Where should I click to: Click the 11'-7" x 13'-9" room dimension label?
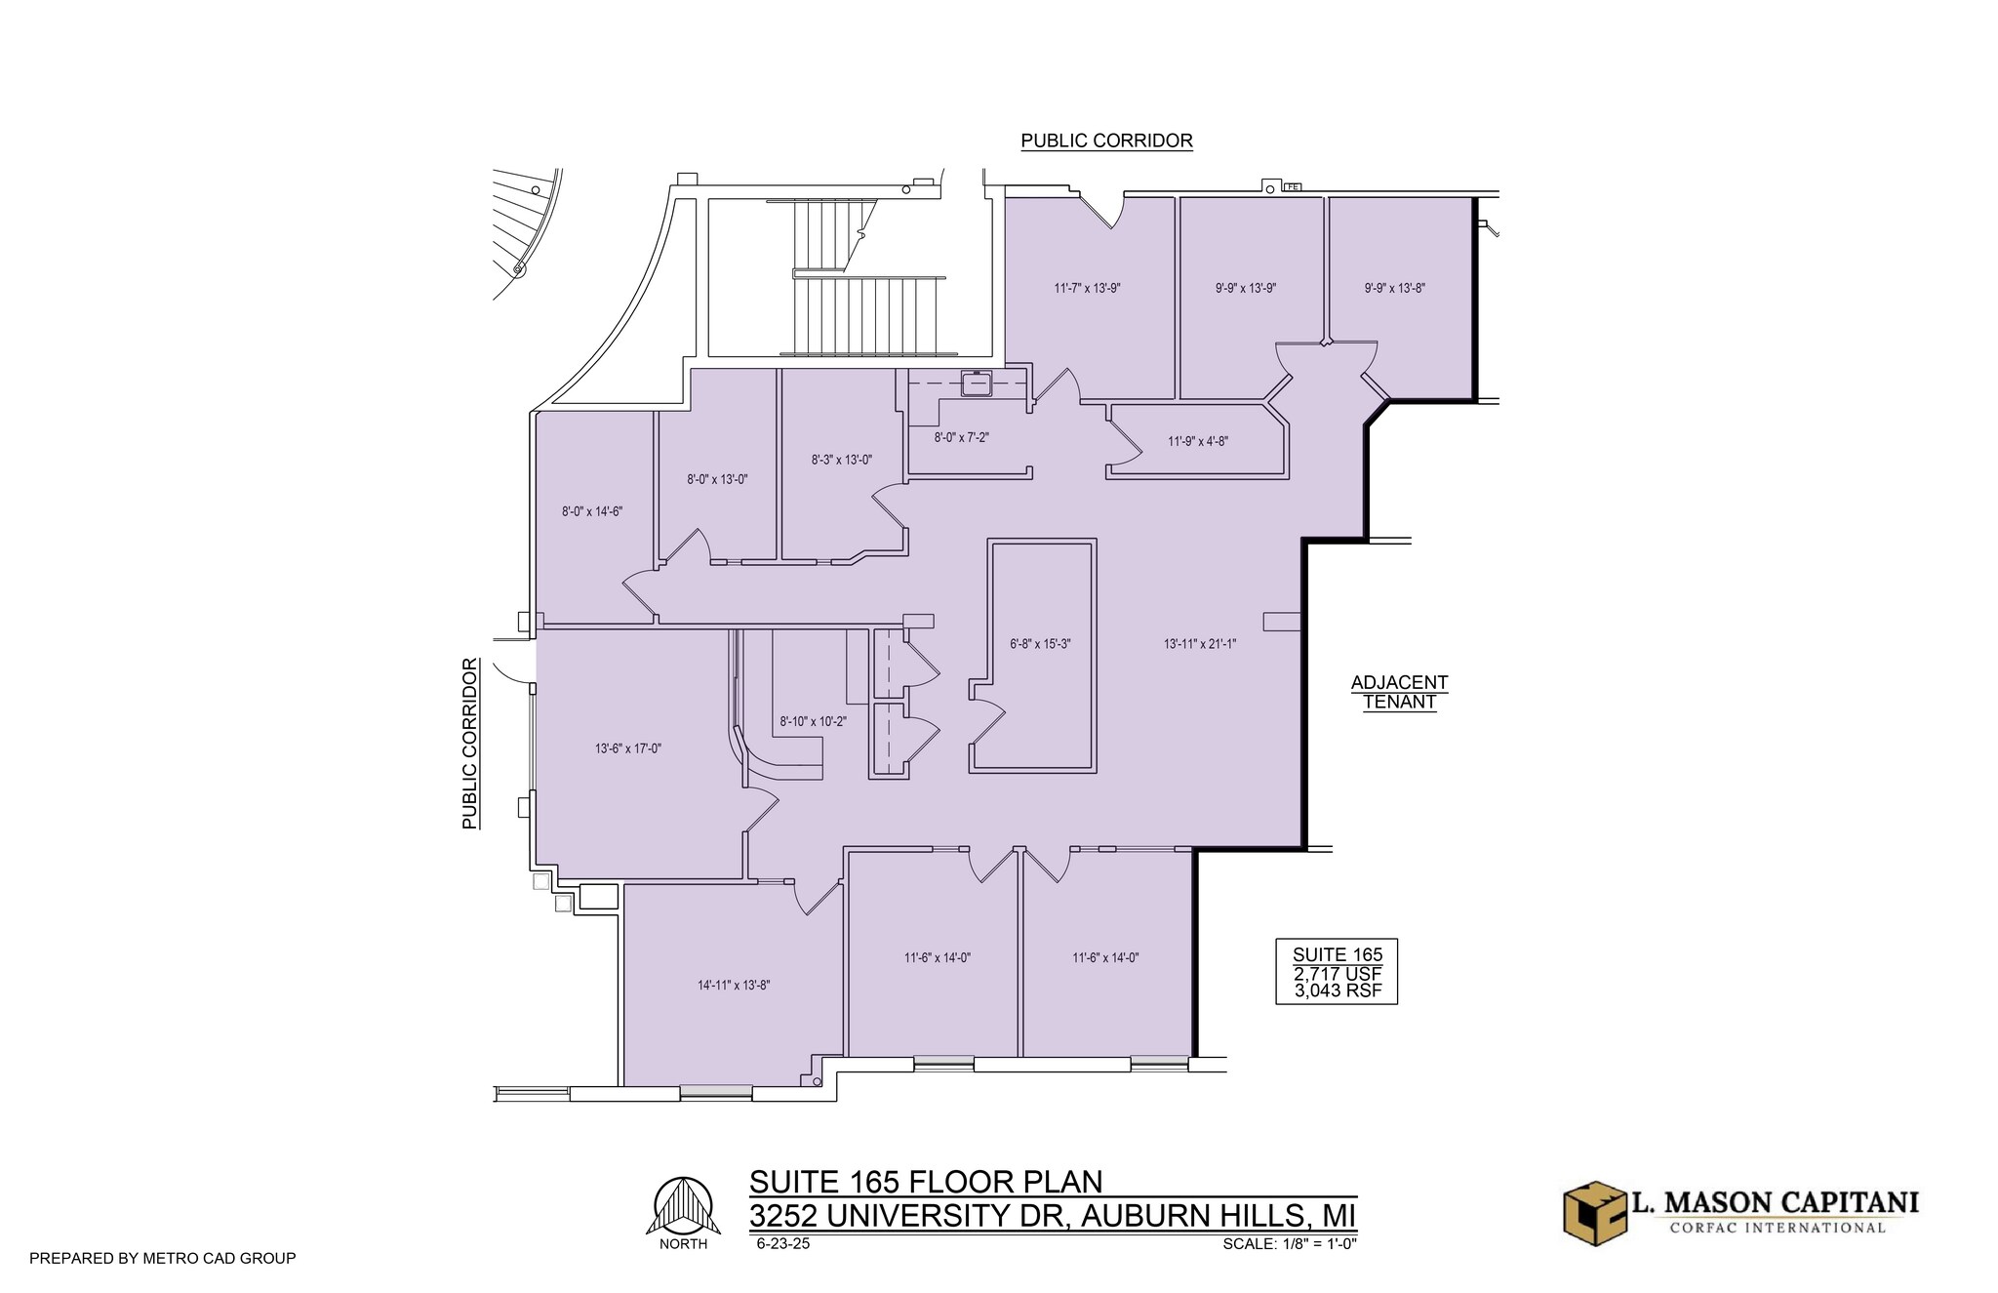coord(1093,289)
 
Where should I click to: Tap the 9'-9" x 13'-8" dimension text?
coord(1394,289)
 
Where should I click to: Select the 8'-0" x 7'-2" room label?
coord(961,438)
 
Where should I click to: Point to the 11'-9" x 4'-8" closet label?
coord(1197,441)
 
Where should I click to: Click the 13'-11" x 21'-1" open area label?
coord(1199,644)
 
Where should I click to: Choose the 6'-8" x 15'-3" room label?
coord(1040,644)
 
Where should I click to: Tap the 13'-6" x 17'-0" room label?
coord(627,749)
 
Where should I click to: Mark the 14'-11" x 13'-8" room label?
coord(733,986)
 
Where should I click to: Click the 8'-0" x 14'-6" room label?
coord(591,511)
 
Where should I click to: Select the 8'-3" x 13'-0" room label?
coord(841,460)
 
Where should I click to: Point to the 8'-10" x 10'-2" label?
coord(813,722)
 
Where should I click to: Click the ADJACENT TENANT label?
coord(1399,692)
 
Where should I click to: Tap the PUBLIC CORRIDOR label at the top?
coord(1106,141)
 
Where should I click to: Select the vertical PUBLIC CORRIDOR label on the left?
coord(470,744)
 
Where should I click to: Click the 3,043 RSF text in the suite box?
coord(1337,991)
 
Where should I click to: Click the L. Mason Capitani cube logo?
coord(1593,1212)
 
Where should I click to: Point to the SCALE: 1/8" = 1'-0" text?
coord(1290,1244)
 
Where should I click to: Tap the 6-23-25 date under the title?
coord(782,1244)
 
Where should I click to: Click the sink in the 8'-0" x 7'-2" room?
coord(976,384)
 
